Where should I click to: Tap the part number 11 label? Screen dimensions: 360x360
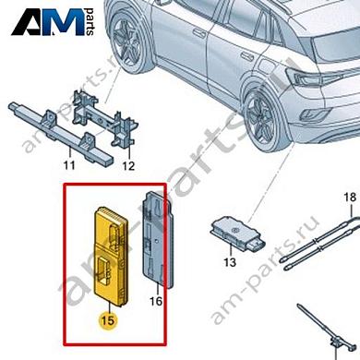(66, 166)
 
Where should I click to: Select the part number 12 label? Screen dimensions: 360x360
(128, 167)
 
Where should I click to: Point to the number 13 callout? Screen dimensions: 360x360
(231, 263)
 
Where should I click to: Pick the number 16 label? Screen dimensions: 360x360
(156, 301)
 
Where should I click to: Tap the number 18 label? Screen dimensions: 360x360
(349, 198)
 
